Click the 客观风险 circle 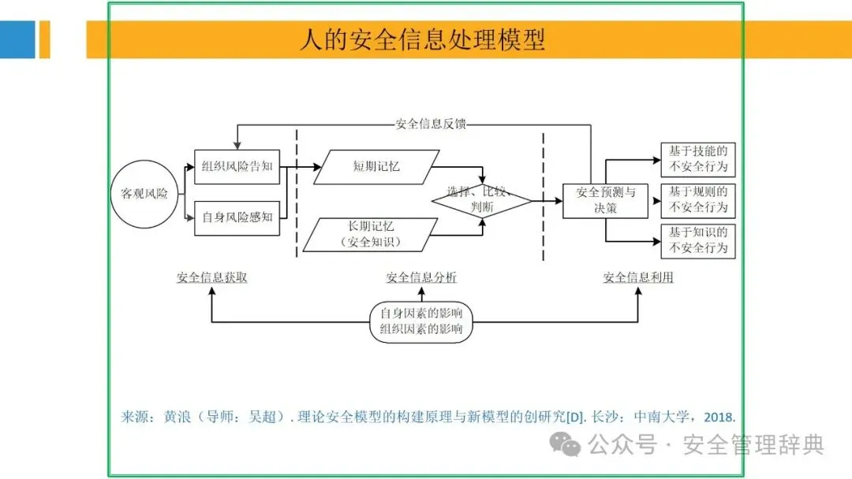coord(144,193)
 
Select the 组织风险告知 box coord(237,167)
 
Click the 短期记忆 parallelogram coord(376,167)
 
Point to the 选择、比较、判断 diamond coord(481,202)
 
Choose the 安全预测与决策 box coord(605,201)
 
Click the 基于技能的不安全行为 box coord(697,159)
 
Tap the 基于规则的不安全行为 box coord(697,200)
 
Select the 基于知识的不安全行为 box coord(697,241)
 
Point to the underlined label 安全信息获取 coord(212,278)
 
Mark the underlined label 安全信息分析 coord(421,278)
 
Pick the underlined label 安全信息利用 coord(638,278)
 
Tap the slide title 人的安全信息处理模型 coord(422,39)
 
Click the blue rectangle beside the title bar coord(17,39)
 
